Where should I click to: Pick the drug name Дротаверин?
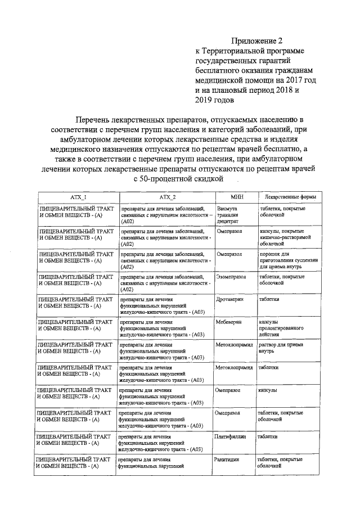(229, 300)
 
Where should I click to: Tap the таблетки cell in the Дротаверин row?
(269, 300)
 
